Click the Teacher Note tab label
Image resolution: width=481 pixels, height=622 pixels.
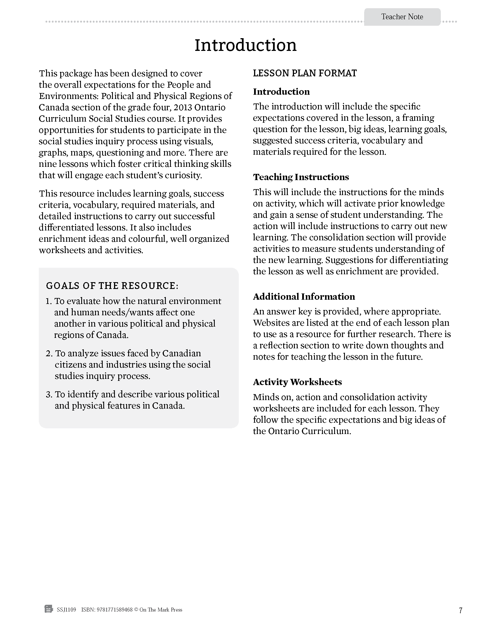point(402,17)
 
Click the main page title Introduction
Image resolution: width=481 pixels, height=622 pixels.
point(245,45)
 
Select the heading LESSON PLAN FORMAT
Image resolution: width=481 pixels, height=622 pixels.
point(305,73)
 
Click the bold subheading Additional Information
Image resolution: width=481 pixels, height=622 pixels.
point(304,297)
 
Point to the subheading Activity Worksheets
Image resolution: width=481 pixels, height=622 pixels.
point(297,382)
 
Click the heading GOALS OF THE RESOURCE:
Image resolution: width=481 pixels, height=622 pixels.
point(112,286)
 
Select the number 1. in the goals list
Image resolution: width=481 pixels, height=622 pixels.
point(49,301)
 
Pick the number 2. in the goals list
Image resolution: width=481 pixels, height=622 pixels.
point(49,353)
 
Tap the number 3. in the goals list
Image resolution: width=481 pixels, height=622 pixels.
point(49,394)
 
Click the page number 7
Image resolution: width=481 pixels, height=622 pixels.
point(460,610)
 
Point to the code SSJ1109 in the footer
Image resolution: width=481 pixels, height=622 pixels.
point(66,610)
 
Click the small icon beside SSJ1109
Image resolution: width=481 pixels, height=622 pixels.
point(49,609)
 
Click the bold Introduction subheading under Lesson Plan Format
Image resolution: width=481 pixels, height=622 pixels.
point(281,92)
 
